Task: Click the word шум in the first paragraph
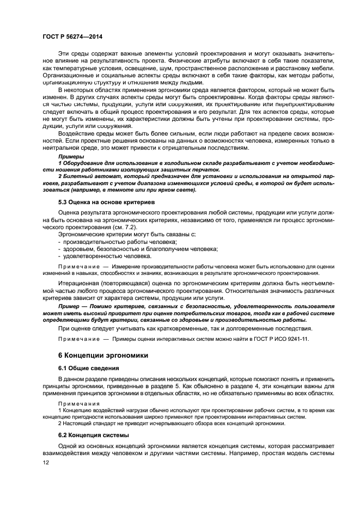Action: click(178, 69)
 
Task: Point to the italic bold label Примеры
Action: click(69, 157)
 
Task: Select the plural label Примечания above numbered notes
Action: click(76, 404)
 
